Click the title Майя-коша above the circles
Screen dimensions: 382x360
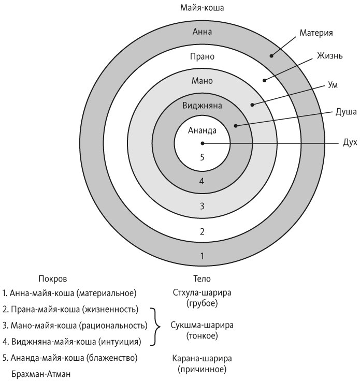pos(202,7)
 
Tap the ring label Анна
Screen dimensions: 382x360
pos(202,32)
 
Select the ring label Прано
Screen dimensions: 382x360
pos(203,56)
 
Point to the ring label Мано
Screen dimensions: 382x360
pos(203,81)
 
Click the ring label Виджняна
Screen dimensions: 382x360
pos(203,106)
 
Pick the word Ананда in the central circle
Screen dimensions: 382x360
pos(203,130)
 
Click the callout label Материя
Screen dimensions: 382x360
pos(316,33)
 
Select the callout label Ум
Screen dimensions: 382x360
pos(333,85)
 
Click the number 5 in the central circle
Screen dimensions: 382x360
pos(203,156)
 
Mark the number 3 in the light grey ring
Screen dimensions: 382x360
pos(203,206)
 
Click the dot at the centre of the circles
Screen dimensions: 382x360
pos(203,143)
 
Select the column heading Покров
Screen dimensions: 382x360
pos(53,278)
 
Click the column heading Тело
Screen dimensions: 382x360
pos(202,278)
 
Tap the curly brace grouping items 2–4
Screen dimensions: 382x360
pos(155,326)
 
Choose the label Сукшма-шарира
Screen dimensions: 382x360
pos(202,326)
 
